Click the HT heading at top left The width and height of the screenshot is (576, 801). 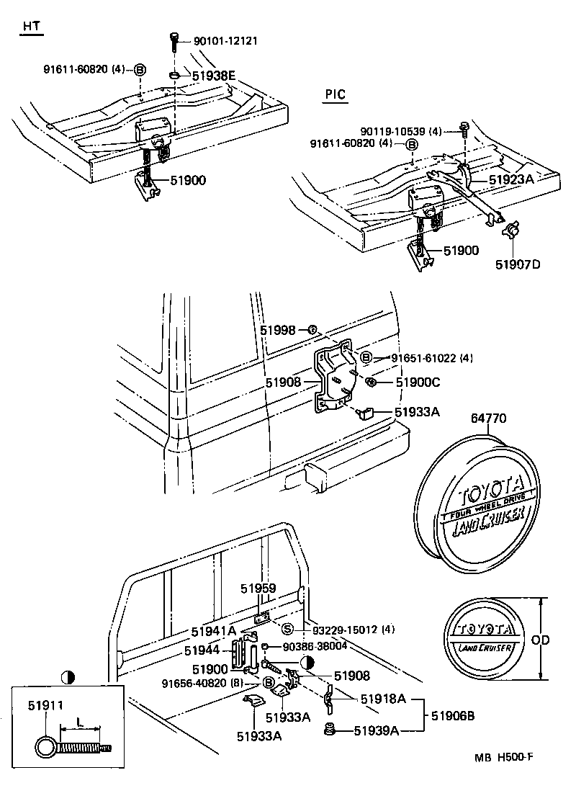(x=31, y=26)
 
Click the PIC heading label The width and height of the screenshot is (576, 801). (x=335, y=94)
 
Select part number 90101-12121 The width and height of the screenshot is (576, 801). (x=225, y=41)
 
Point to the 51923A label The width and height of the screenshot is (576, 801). (x=511, y=179)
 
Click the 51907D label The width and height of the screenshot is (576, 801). (x=517, y=264)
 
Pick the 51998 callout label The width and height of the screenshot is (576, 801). (x=279, y=329)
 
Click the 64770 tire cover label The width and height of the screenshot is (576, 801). (x=490, y=417)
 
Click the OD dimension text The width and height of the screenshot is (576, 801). (x=557, y=638)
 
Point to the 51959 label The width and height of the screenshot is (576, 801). (x=258, y=589)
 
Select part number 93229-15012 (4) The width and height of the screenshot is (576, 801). (x=349, y=628)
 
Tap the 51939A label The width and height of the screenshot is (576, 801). (x=376, y=731)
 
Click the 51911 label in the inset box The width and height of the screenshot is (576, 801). (x=45, y=707)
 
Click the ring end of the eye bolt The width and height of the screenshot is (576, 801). (x=45, y=747)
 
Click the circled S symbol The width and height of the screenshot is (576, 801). (x=286, y=628)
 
